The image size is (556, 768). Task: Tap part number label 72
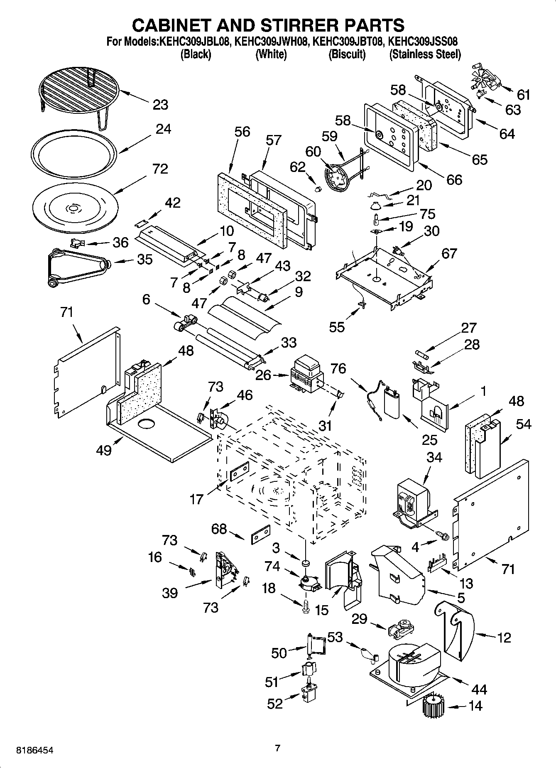point(160,169)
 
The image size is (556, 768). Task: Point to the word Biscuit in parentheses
point(347,54)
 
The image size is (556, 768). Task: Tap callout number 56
point(242,132)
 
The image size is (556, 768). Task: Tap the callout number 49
point(104,450)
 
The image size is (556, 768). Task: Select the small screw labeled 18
point(307,607)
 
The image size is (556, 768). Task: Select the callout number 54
point(524,424)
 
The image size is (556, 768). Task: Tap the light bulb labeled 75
point(377,217)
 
